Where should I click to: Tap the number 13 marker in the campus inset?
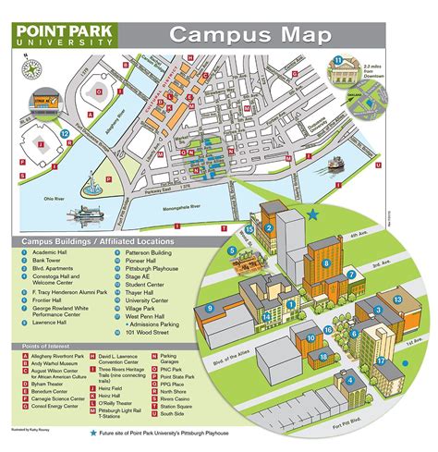(396, 299)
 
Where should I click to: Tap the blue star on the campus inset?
(313, 214)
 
